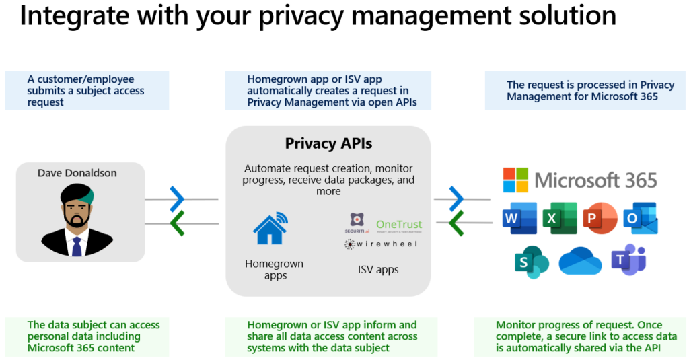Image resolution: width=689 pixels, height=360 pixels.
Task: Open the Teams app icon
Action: pyautogui.click(x=628, y=260)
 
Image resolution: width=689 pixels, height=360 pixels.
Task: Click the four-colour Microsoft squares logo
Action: pyautogui.click(x=515, y=180)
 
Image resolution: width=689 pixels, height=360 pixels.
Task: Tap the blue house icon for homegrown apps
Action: pyautogui.click(x=270, y=228)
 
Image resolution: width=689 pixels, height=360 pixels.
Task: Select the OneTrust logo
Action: pyautogui.click(x=399, y=225)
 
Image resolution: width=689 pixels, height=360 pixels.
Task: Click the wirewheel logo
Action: pyautogui.click(x=381, y=244)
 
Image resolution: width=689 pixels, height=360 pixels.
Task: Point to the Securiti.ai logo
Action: pyautogui.click(x=357, y=221)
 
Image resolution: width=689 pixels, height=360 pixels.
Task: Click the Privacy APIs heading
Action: pyautogui.click(x=328, y=143)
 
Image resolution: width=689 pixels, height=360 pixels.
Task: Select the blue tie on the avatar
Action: pyautogui.click(x=77, y=246)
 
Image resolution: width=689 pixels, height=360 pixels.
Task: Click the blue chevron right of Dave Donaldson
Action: pyautogui.click(x=177, y=199)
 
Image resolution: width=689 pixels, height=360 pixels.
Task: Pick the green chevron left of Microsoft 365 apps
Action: pyautogui.click(x=457, y=222)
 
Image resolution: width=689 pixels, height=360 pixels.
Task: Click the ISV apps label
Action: pyautogui.click(x=378, y=270)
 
